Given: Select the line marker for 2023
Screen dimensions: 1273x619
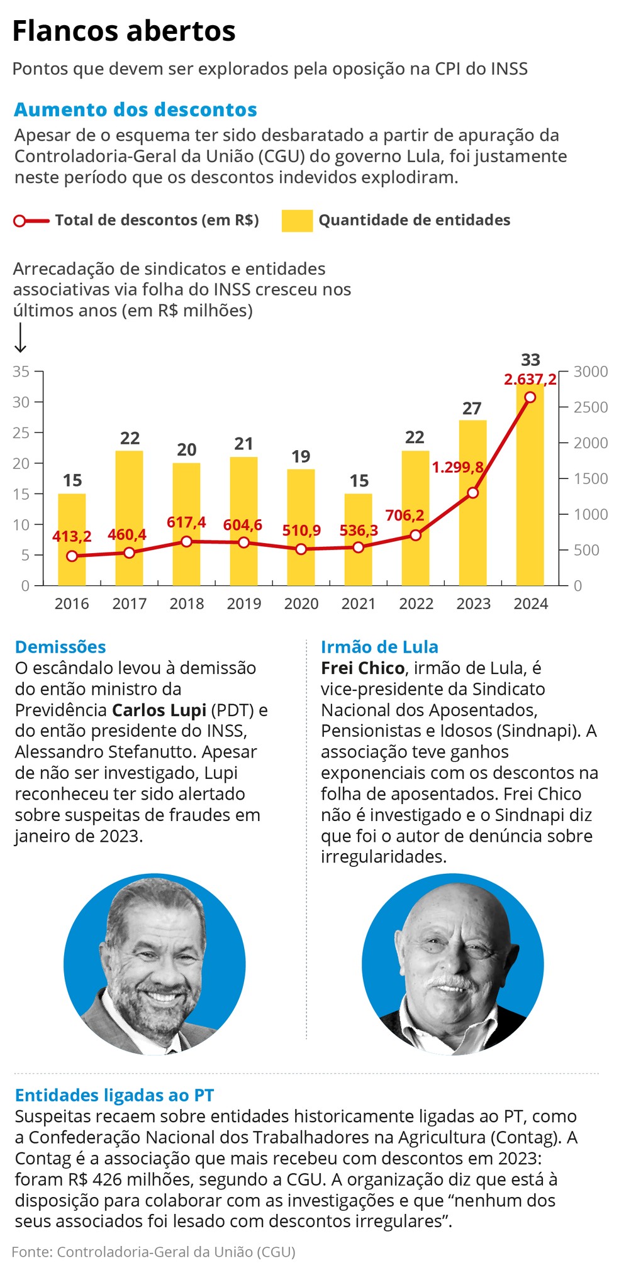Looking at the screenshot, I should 473,493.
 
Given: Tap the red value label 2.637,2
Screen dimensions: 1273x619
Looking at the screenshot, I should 530,380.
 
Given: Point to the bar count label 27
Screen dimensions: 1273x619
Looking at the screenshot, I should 472,409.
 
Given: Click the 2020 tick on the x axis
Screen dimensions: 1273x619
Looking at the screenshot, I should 301,603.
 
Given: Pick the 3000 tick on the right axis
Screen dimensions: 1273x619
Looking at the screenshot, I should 591,372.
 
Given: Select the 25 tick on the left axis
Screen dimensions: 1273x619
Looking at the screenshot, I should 21,433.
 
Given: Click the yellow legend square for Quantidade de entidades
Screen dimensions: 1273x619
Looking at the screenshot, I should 297,221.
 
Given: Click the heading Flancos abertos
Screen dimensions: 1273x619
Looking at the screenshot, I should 124,31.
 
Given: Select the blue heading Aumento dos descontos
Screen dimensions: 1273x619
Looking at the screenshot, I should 135,110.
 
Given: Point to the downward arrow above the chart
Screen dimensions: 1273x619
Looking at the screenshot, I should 20,338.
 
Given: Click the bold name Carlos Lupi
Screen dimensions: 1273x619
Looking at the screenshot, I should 159,710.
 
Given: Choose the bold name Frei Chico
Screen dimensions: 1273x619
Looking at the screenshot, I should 362,668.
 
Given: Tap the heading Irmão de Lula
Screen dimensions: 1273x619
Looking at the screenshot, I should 379,647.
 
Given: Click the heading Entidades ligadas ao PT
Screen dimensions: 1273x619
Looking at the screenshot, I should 114,1096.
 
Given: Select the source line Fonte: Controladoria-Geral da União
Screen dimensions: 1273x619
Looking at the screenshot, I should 153,1252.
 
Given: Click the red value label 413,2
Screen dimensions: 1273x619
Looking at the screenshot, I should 72,536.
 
